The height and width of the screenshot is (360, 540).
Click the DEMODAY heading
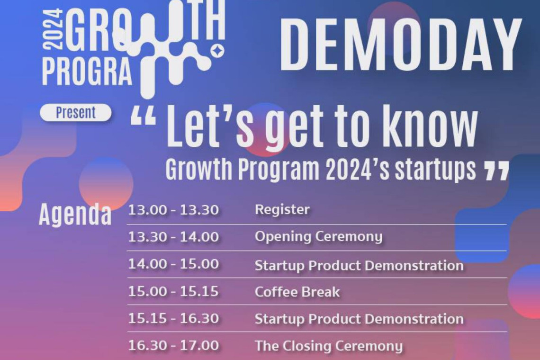tap(401, 45)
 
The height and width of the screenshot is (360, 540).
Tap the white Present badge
tap(76, 113)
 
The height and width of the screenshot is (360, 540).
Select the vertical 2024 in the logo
tap(53, 30)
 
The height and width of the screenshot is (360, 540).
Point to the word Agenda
tap(75, 214)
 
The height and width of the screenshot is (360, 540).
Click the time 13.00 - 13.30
tap(173, 210)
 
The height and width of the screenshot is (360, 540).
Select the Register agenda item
tap(282, 210)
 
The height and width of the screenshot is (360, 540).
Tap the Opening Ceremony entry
tap(319, 237)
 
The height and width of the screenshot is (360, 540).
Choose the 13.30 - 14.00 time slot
tap(173, 237)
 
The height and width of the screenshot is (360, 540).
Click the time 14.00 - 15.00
tap(173, 264)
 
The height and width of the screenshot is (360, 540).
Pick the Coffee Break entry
tap(297, 292)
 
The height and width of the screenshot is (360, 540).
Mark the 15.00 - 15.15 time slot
tap(173, 291)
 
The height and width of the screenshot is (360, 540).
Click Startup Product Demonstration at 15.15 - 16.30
tap(359, 319)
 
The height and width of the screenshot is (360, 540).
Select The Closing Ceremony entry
tap(329, 346)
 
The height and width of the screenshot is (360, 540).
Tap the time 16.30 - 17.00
tap(173, 345)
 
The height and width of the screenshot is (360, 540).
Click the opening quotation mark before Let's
tap(143, 116)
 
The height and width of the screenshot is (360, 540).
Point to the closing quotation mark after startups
tap(496, 171)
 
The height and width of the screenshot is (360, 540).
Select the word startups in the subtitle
tap(435, 170)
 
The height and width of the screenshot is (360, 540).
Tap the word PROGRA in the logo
tap(87, 72)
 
